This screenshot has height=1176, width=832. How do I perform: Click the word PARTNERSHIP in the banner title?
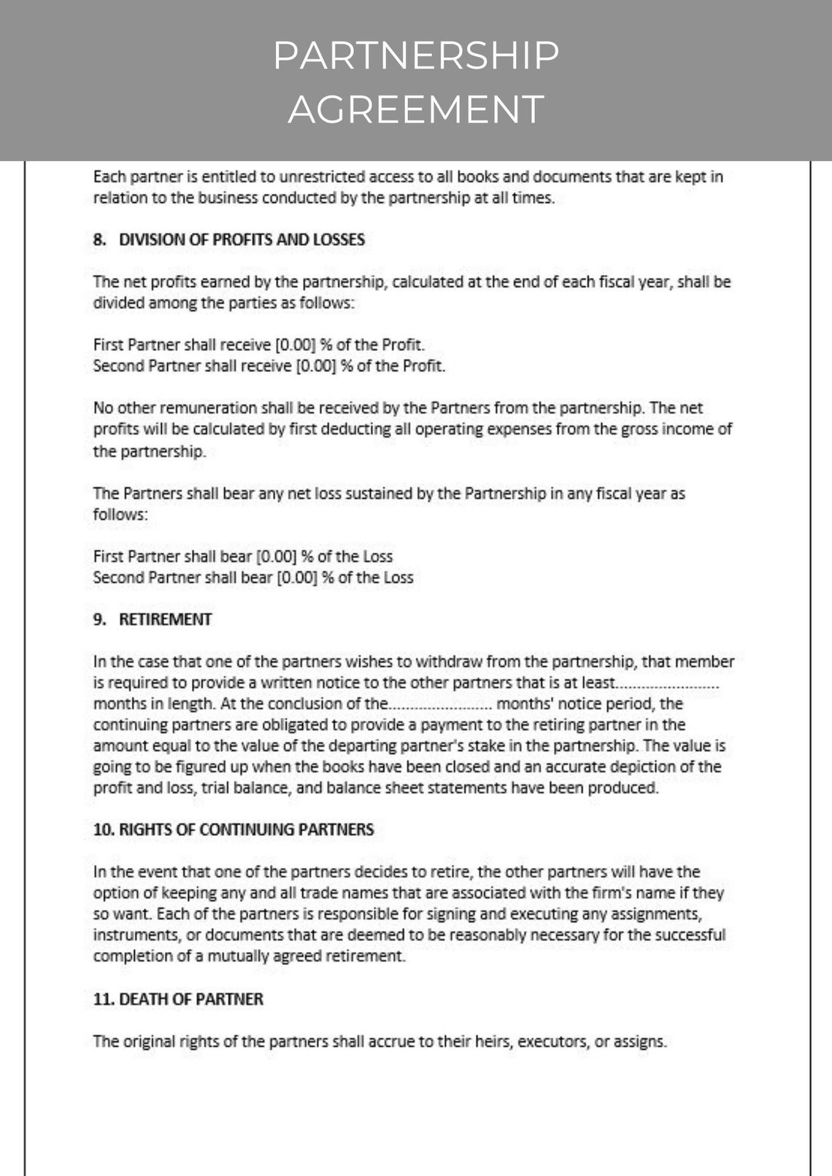coord(416,56)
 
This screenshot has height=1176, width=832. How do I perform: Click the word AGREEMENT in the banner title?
coord(416,109)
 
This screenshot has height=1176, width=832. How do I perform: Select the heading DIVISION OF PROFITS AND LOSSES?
coord(242,240)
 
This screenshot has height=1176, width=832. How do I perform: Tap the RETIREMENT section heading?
coord(165,619)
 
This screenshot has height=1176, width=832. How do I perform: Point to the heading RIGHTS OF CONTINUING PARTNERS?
coord(246,829)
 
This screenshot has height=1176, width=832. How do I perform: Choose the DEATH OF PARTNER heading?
coord(190,999)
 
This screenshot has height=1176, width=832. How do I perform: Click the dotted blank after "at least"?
coord(669,684)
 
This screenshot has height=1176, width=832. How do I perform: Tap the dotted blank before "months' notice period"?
coord(441,705)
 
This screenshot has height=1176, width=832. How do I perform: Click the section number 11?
coord(102,999)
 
